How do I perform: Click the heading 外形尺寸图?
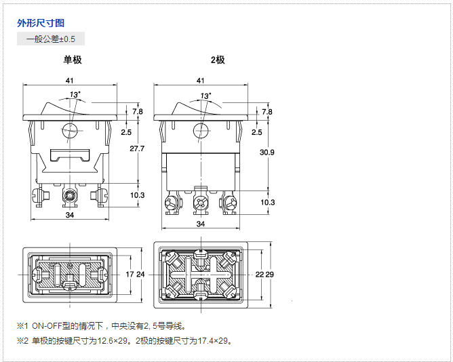[41, 23]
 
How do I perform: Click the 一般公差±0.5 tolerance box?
[51, 39]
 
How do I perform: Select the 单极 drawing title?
[73, 60]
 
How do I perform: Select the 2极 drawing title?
[218, 60]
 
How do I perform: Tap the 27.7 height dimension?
[137, 148]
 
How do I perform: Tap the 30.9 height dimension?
[267, 153]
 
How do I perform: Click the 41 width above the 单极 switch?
[70, 81]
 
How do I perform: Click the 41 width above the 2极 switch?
[200, 81]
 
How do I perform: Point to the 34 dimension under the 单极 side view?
[70, 215]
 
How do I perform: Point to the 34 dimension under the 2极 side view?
[200, 223]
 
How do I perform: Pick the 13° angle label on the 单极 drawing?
[75, 95]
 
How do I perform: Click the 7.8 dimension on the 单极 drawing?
[138, 111]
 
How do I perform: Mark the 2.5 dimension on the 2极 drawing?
[256, 132]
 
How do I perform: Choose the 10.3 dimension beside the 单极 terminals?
[138, 195]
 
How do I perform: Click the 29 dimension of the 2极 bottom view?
[269, 275]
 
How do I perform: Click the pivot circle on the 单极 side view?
[70, 132]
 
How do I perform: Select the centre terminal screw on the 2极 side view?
[200, 203]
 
